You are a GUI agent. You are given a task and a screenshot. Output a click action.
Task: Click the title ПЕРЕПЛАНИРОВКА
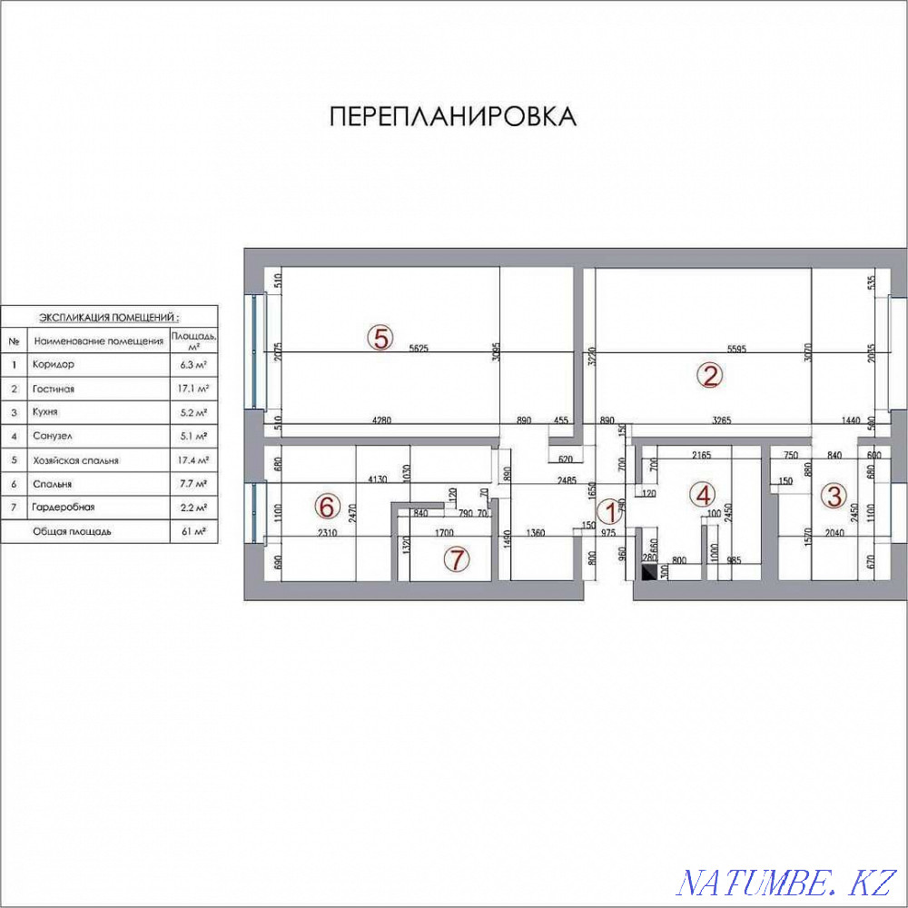point(451,116)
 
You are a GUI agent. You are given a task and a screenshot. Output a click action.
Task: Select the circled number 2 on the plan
point(709,375)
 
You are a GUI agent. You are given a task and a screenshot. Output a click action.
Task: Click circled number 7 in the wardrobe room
point(457,560)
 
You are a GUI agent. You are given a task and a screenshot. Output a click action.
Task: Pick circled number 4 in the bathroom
point(702,495)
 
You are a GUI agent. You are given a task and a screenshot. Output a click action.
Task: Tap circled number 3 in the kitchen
point(834,496)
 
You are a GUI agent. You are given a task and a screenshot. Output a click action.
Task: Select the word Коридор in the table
point(53,364)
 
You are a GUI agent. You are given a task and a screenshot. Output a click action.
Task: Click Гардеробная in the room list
point(64,508)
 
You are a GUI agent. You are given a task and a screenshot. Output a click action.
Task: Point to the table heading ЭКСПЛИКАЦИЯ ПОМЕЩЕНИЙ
point(108,318)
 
